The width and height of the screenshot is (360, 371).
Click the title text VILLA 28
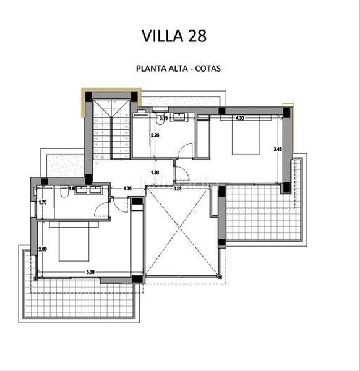(174, 35)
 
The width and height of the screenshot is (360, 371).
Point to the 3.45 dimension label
(278, 148)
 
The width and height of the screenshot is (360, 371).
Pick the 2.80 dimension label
(42, 249)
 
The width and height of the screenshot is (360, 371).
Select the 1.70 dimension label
(42, 202)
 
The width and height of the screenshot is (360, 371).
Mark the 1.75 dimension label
(128, 189)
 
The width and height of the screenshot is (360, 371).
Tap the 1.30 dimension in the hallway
(155, 173)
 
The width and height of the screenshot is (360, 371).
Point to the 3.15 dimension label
(163, 117)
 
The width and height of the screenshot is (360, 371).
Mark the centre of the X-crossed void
(182, 232)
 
